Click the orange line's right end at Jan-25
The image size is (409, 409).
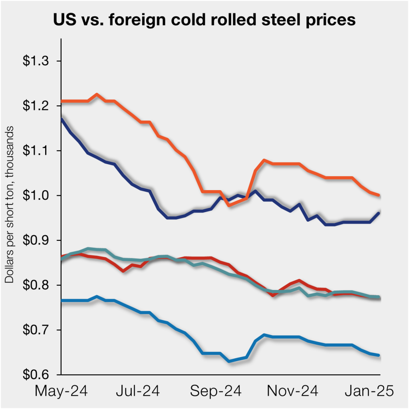[x=379, y=195]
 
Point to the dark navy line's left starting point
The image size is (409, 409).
[x=62, y=119]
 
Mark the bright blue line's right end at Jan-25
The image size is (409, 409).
[x=379, y=355]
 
